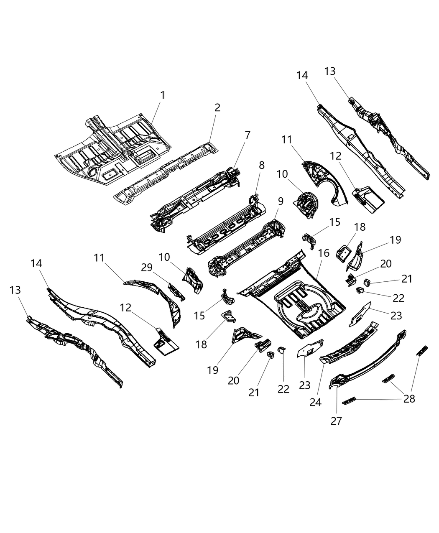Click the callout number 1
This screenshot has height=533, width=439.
163,95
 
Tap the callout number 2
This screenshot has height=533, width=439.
217,108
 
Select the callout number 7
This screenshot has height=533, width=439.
248,135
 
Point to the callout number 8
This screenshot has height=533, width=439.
262,165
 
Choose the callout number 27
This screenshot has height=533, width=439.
336,421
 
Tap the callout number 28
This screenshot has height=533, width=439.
409,399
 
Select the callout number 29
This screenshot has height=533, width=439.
146,267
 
